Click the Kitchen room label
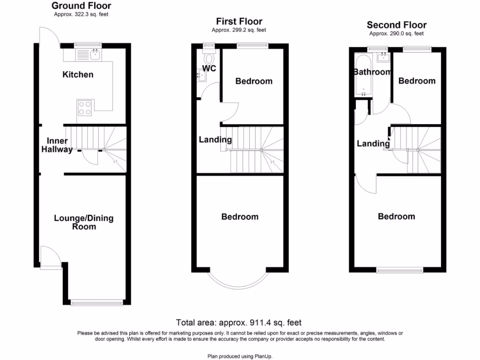(x=78, y=75)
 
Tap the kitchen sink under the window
(x=95, y=55)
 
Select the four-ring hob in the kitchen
(x=84, y=108)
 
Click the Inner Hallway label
(x=59, y=145)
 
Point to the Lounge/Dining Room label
(x=83, y=222)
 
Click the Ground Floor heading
(x=81, y=6)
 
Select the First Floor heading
(x=239, y=22)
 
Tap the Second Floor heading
(x=397, y=25)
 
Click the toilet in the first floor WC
(x=209, y=58)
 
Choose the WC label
(x=209, y=69)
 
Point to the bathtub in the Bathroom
(x=363, y=75)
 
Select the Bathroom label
(x=372, y=72)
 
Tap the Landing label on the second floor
(x=373, y=143)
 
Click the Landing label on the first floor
(x=215, y=139)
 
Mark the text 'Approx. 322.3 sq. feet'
(x=81, y=15)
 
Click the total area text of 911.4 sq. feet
(x=239, y=322)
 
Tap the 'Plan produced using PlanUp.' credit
(x=240, y=356)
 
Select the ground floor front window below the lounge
(x=98, y=303)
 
